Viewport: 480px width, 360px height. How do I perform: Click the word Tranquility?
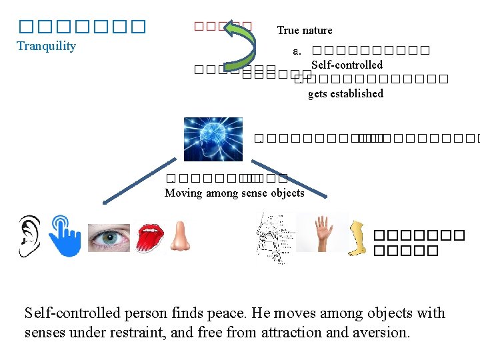pos(46,46)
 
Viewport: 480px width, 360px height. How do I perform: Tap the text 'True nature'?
pos(305,30)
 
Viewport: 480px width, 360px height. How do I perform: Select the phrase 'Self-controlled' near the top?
pos(347,65)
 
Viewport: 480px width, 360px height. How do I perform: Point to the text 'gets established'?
pos(345,93)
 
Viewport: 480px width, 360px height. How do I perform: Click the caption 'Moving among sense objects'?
pos(234,193)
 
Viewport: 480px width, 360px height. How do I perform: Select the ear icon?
pos(29,235)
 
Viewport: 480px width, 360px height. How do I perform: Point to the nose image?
pos(179,236)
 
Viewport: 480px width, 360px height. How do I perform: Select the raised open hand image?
pos(323,233)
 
